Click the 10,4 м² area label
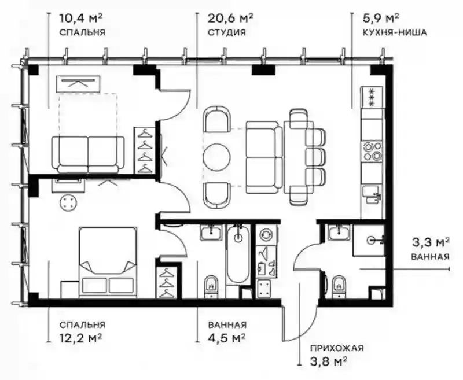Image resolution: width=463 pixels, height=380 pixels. pos(81,19)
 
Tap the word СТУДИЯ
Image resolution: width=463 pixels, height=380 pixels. pos(227,32)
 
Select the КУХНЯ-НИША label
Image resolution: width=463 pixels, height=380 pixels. pos(395,32)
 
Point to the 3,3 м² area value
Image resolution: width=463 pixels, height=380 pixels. pos(431,243)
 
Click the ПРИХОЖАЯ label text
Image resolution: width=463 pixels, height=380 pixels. pos(337,348)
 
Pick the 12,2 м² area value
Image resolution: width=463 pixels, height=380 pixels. pos(81,337)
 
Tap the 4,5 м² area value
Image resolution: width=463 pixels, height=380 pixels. pos(227,337)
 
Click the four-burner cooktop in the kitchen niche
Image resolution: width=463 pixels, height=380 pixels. pos(372,151)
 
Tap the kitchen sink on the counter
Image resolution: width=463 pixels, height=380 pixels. pos(372,194)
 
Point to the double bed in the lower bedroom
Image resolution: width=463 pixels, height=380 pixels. pos(108,262)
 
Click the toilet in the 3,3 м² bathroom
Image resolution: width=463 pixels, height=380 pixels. pos(339,286)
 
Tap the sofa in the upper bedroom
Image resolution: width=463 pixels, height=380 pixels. pos(88,154)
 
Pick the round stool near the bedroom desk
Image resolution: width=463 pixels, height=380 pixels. pos(68,203)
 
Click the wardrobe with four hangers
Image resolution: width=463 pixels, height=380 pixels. pos(145,150)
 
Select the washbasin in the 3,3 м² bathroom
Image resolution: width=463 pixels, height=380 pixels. pos(340,232)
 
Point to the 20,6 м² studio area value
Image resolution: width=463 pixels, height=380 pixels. pos(230,19)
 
